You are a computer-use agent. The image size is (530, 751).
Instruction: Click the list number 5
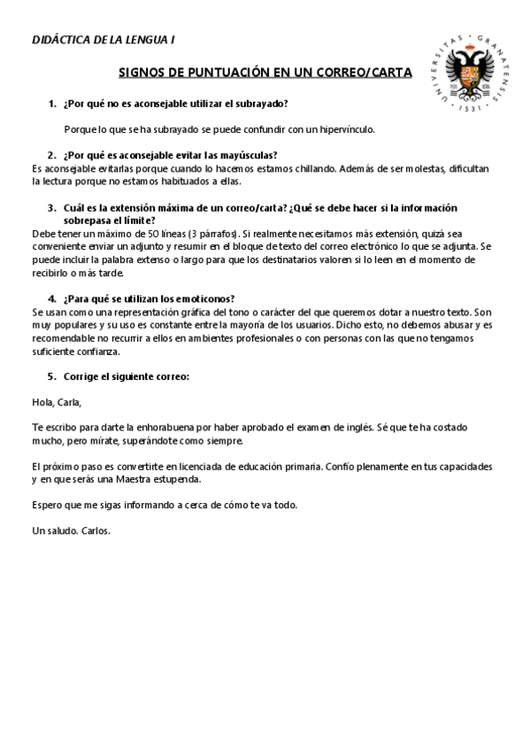(52, 375)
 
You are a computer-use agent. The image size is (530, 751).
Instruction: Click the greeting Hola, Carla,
(56, 401)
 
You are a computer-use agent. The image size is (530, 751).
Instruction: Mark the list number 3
(52, 207)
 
